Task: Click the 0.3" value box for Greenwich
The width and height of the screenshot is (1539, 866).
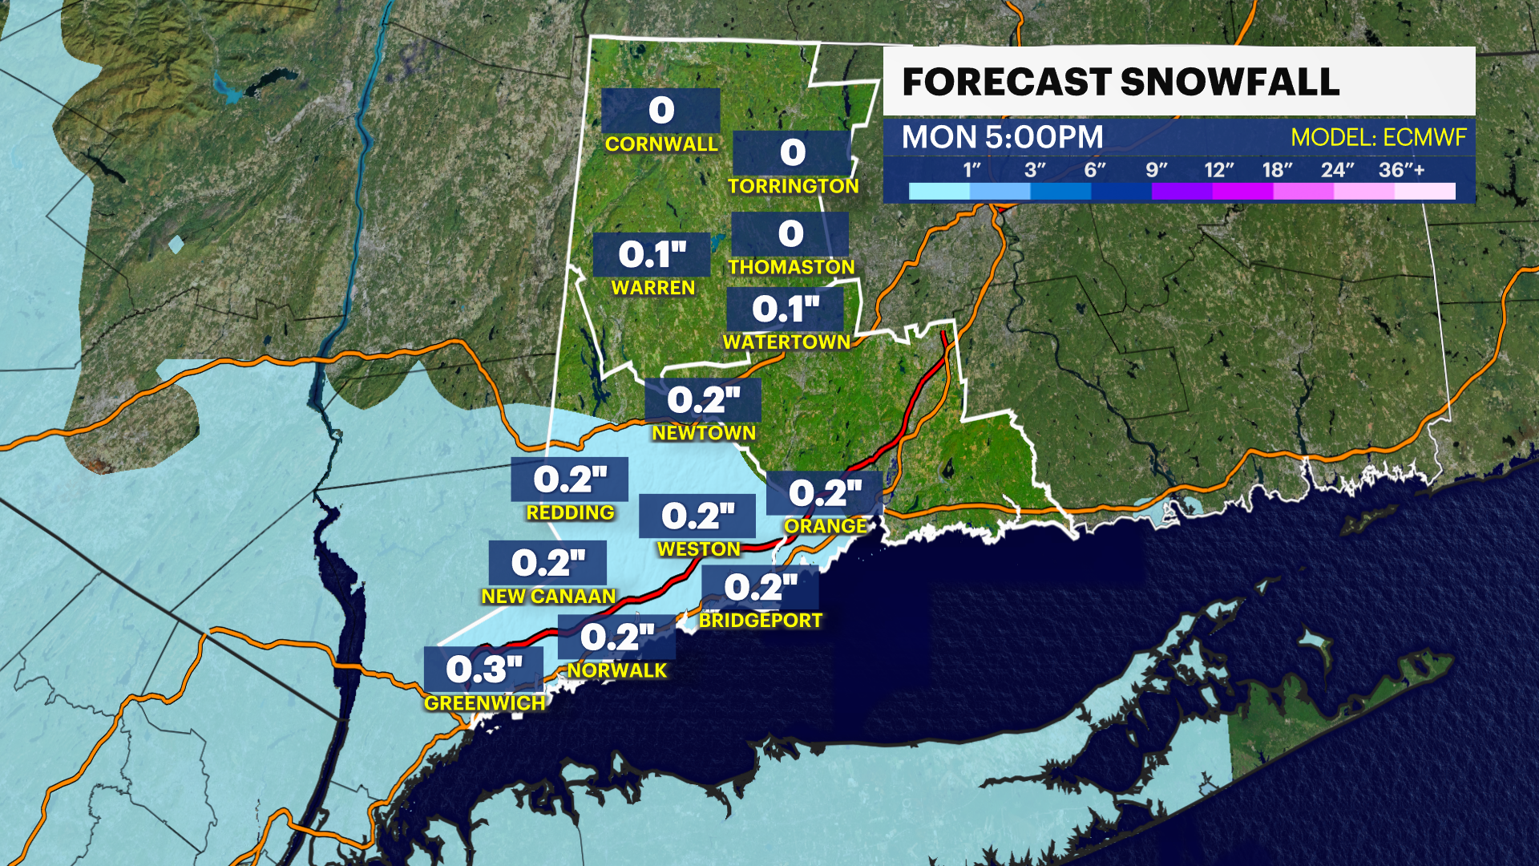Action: point(483,669)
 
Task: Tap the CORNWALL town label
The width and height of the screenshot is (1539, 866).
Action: point(661,144)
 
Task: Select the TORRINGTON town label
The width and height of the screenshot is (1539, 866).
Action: point(793,186)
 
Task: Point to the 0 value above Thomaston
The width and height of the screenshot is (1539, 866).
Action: point(790,234)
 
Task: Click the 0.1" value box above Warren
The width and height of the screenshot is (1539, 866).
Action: point(652,255)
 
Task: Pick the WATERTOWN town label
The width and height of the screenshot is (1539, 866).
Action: point(786,342)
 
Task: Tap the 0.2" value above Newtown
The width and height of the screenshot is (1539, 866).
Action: point(703,399)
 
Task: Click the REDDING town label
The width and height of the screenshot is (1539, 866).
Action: point(570,512)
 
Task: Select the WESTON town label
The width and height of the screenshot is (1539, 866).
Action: point(698,549)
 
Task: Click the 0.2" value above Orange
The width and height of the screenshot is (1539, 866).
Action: point(824,492)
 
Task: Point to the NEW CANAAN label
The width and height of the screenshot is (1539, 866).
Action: point(548,597)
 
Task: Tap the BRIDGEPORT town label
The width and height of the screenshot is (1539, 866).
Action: point(760,621)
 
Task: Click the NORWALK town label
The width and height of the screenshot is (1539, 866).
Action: point(617,670)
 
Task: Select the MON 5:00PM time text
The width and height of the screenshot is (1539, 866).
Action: point(1002,137)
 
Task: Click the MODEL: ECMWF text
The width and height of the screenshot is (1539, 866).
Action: point(1378,138)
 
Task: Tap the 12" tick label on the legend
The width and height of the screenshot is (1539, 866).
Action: point(1218,170)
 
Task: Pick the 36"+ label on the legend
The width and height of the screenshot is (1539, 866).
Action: point(1401,170)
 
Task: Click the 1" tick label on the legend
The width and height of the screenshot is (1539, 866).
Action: point(971,170)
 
